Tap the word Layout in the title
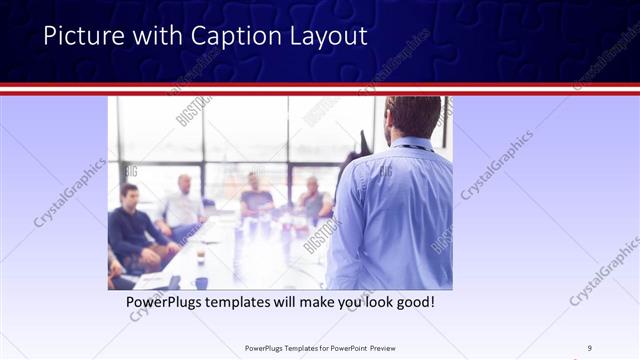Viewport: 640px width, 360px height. [x=330, y=37]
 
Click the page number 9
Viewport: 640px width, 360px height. [x=589, y=347]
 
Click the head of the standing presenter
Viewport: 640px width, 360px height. [x=412, y=115]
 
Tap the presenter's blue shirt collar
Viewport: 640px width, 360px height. [x=410, y=145]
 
